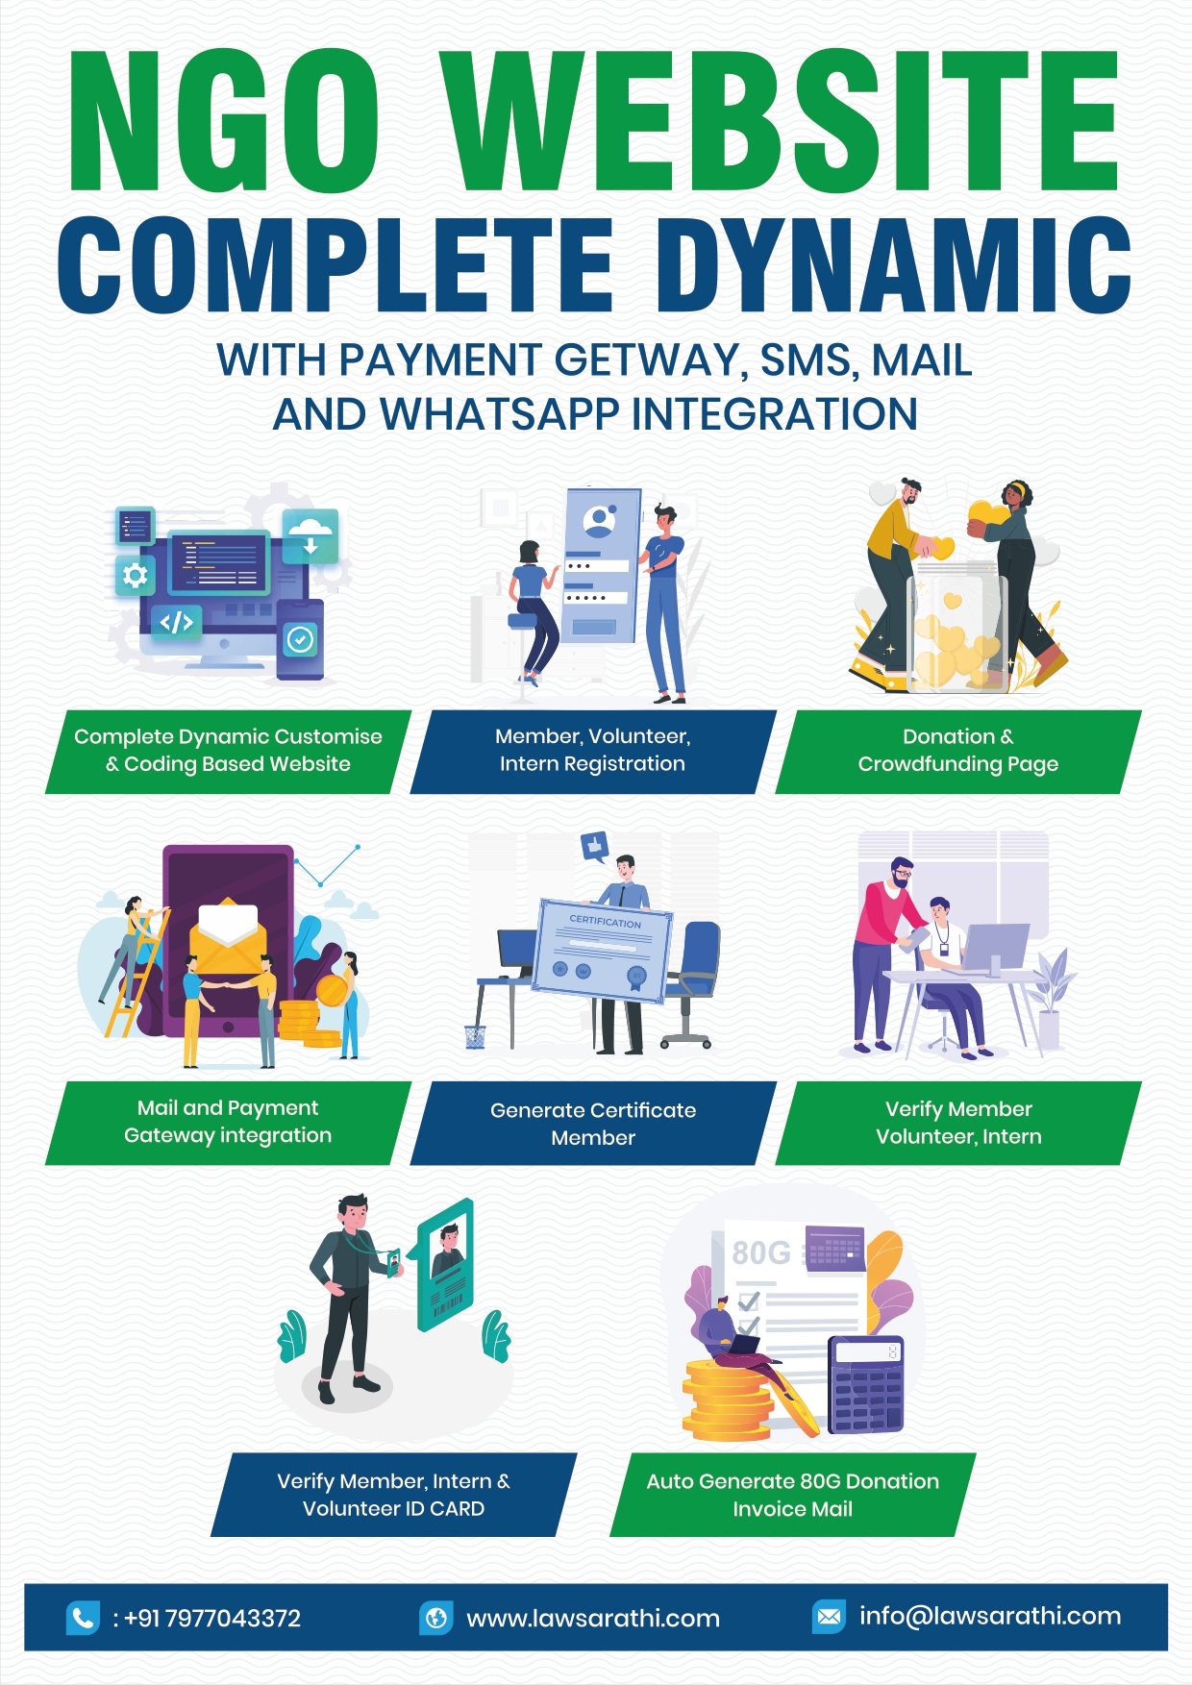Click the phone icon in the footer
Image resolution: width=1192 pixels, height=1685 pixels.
click(83, 1618)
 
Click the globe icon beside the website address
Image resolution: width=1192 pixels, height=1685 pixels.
click(435, 1618)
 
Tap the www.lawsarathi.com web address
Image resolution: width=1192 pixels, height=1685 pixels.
click(592, 1618)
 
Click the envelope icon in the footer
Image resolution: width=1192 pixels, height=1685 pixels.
click(828, 1617)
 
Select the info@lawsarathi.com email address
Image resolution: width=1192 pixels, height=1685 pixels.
click(990, 1616)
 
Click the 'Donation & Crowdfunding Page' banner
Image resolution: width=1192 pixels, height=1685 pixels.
click(957, 751)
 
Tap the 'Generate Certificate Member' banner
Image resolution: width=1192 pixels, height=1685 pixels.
click(593, 1124)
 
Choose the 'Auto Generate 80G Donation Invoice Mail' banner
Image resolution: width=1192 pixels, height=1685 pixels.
click(792, 1495)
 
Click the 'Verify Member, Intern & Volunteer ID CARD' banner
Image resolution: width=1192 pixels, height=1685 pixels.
click(393, 1495)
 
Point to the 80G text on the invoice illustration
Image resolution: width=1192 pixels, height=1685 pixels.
click(760, 1252)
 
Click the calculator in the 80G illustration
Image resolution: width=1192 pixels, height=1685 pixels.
click(866, 1384)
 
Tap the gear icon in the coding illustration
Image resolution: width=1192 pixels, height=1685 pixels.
click(136, 575)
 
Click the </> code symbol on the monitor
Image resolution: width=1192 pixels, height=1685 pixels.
click(177, 622)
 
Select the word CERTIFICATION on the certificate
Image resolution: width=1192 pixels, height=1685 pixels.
click(605, 921)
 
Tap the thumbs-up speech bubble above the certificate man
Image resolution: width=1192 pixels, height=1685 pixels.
click(595, 845)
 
